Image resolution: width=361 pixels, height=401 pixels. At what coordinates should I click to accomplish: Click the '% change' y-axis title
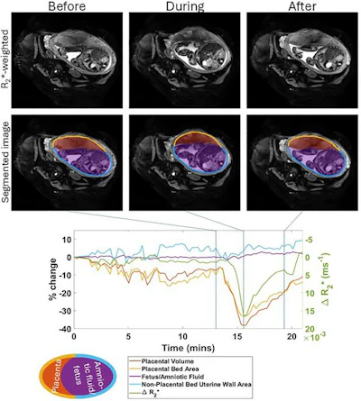[x=37, y=280]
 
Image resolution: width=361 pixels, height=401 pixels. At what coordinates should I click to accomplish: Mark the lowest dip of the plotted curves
[x=241, y=324]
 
